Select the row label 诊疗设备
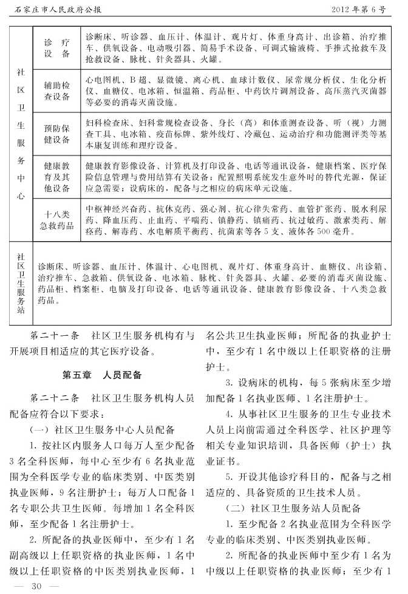click(56, 49)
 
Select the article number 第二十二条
click(55, 399)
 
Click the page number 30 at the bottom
click(35, 585)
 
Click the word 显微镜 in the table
click(168, 79)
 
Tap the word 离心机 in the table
click(203, 79)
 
